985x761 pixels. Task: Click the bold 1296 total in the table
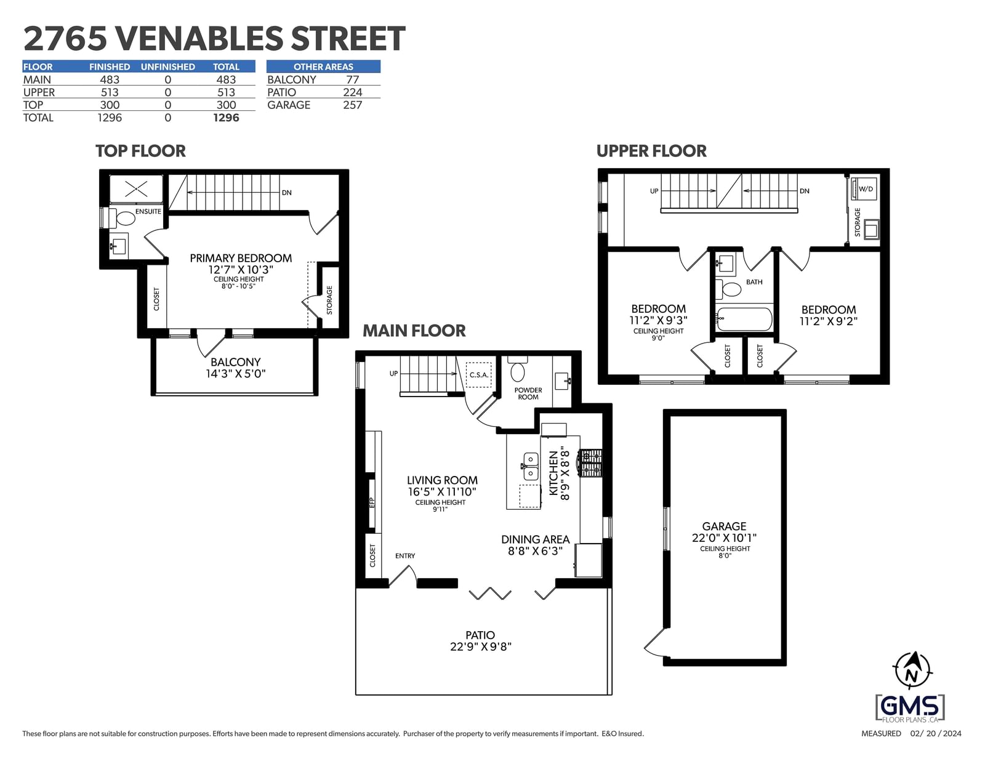226,118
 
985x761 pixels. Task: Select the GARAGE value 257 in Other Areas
352,105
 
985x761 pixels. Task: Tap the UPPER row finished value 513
109,92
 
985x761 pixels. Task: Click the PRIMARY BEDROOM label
241,259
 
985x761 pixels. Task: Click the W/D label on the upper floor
866,189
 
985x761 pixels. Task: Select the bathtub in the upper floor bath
744,320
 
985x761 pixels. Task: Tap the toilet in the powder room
518,369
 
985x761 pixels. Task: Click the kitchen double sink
530,466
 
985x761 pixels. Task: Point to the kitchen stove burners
591,463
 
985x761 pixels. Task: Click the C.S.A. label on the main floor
479,375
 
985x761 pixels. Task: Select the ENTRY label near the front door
405,556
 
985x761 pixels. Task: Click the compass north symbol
912,670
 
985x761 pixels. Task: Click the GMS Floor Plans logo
911,708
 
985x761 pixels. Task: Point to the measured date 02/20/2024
936,733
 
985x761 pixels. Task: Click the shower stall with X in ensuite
136,189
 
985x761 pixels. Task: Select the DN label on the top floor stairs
286,193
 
